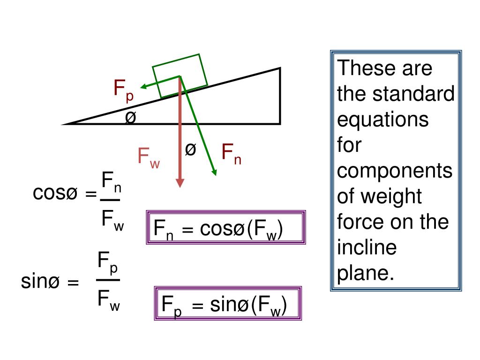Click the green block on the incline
(180, 75)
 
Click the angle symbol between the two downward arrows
(190, 150)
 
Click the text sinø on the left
(43, 282)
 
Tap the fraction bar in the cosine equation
(110, 200)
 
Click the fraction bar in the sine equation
(108, 280)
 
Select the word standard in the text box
(413, 94)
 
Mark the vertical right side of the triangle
(280, 96)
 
